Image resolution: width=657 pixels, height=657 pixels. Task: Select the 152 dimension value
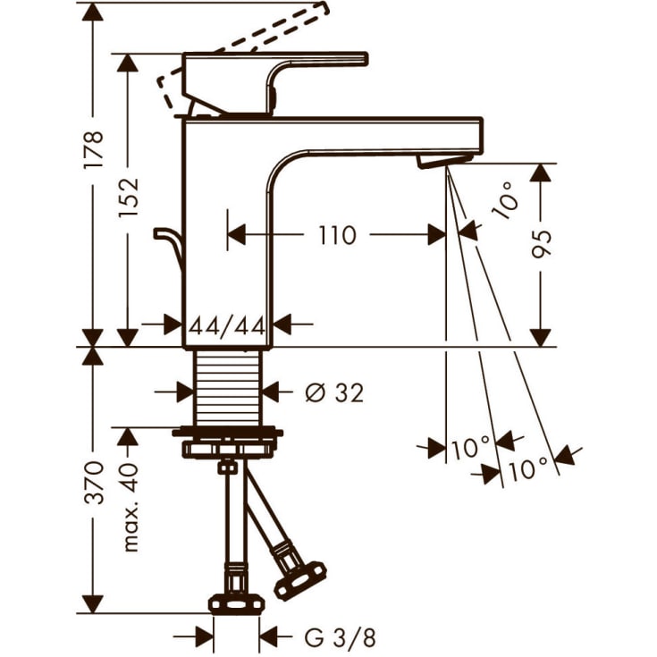pos(129,196)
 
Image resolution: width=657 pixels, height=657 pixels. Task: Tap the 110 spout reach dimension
pos(336,235)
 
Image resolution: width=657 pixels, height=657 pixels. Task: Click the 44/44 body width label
pos(227,325)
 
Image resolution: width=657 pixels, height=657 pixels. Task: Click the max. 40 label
pos(131,508)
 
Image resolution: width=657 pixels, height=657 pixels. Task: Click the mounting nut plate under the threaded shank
pos(231,443)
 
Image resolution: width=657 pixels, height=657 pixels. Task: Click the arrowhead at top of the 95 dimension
pos(540,172)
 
